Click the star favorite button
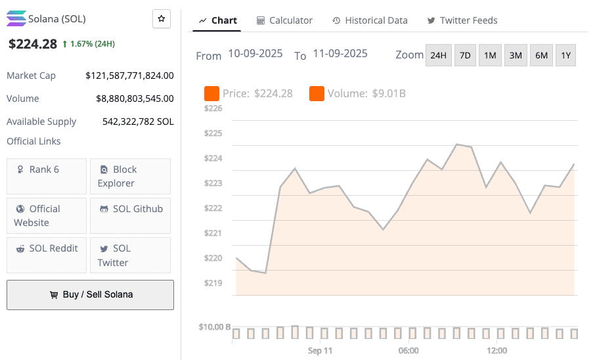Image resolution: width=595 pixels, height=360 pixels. point(161,19)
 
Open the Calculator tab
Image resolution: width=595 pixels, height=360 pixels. point(284,20)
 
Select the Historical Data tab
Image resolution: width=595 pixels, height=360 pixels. point(370,20)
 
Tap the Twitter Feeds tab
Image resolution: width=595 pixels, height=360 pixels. point(462,20)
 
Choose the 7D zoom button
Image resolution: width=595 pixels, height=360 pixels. point(465,56)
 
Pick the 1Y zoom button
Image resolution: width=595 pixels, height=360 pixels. point(565,56)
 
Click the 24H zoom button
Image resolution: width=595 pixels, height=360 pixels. point(438,56)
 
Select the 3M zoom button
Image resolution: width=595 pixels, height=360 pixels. point(516,56)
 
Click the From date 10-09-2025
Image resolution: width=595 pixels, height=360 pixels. point(255,53)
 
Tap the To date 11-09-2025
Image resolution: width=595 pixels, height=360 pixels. point(340,53)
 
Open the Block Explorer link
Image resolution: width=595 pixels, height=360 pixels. point(130,176)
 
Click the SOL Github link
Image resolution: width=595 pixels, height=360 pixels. point(130,209)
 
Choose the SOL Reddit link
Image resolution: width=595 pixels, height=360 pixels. point(47,248)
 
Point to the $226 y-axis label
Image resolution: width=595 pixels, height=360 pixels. point(213,108)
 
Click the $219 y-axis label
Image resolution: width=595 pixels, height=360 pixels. point(213,283)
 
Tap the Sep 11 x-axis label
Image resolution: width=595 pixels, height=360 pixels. point(320,351)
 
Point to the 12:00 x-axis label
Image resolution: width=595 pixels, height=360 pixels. point(497,351)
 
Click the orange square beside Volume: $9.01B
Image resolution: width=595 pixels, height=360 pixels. point(317,93)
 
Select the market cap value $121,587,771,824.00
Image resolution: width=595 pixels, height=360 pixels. point(129,76)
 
